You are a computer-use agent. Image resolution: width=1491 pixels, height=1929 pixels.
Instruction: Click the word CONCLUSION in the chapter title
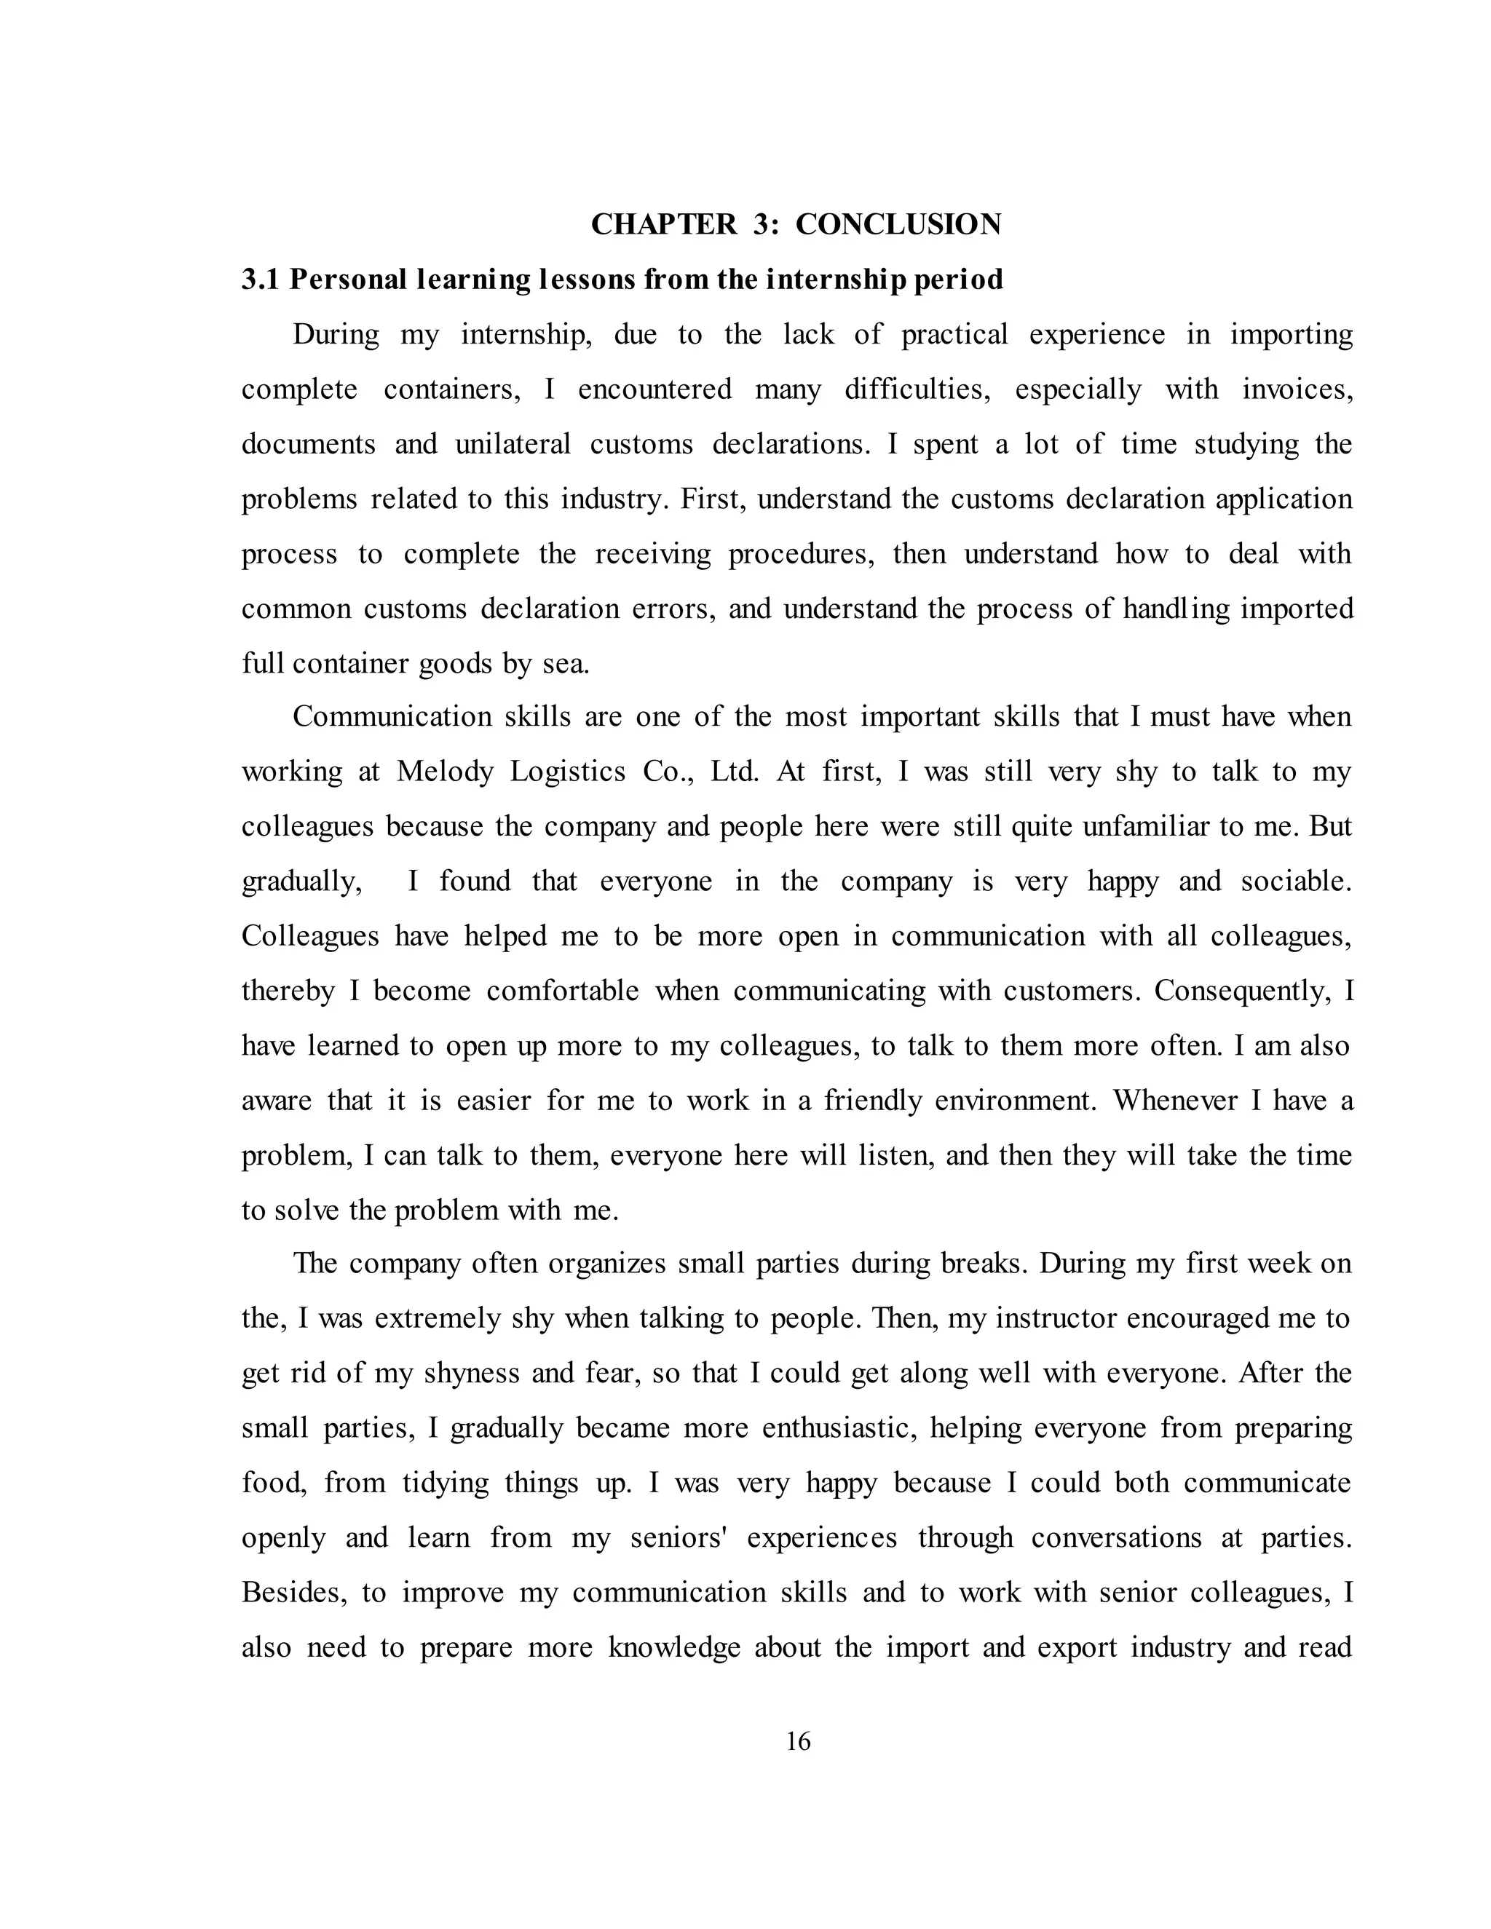(x=898, y=224)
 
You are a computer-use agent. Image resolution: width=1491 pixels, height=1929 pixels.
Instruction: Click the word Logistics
(x=567, y=772)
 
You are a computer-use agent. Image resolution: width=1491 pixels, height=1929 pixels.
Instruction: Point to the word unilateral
(x=513, y=443)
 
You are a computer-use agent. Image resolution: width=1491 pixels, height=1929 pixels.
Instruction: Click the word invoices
(x=1297, y=389)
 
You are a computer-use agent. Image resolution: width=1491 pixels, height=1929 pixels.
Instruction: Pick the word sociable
(x=1296, y=882)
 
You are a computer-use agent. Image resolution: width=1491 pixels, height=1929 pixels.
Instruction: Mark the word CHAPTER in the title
(x=663, y=224)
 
